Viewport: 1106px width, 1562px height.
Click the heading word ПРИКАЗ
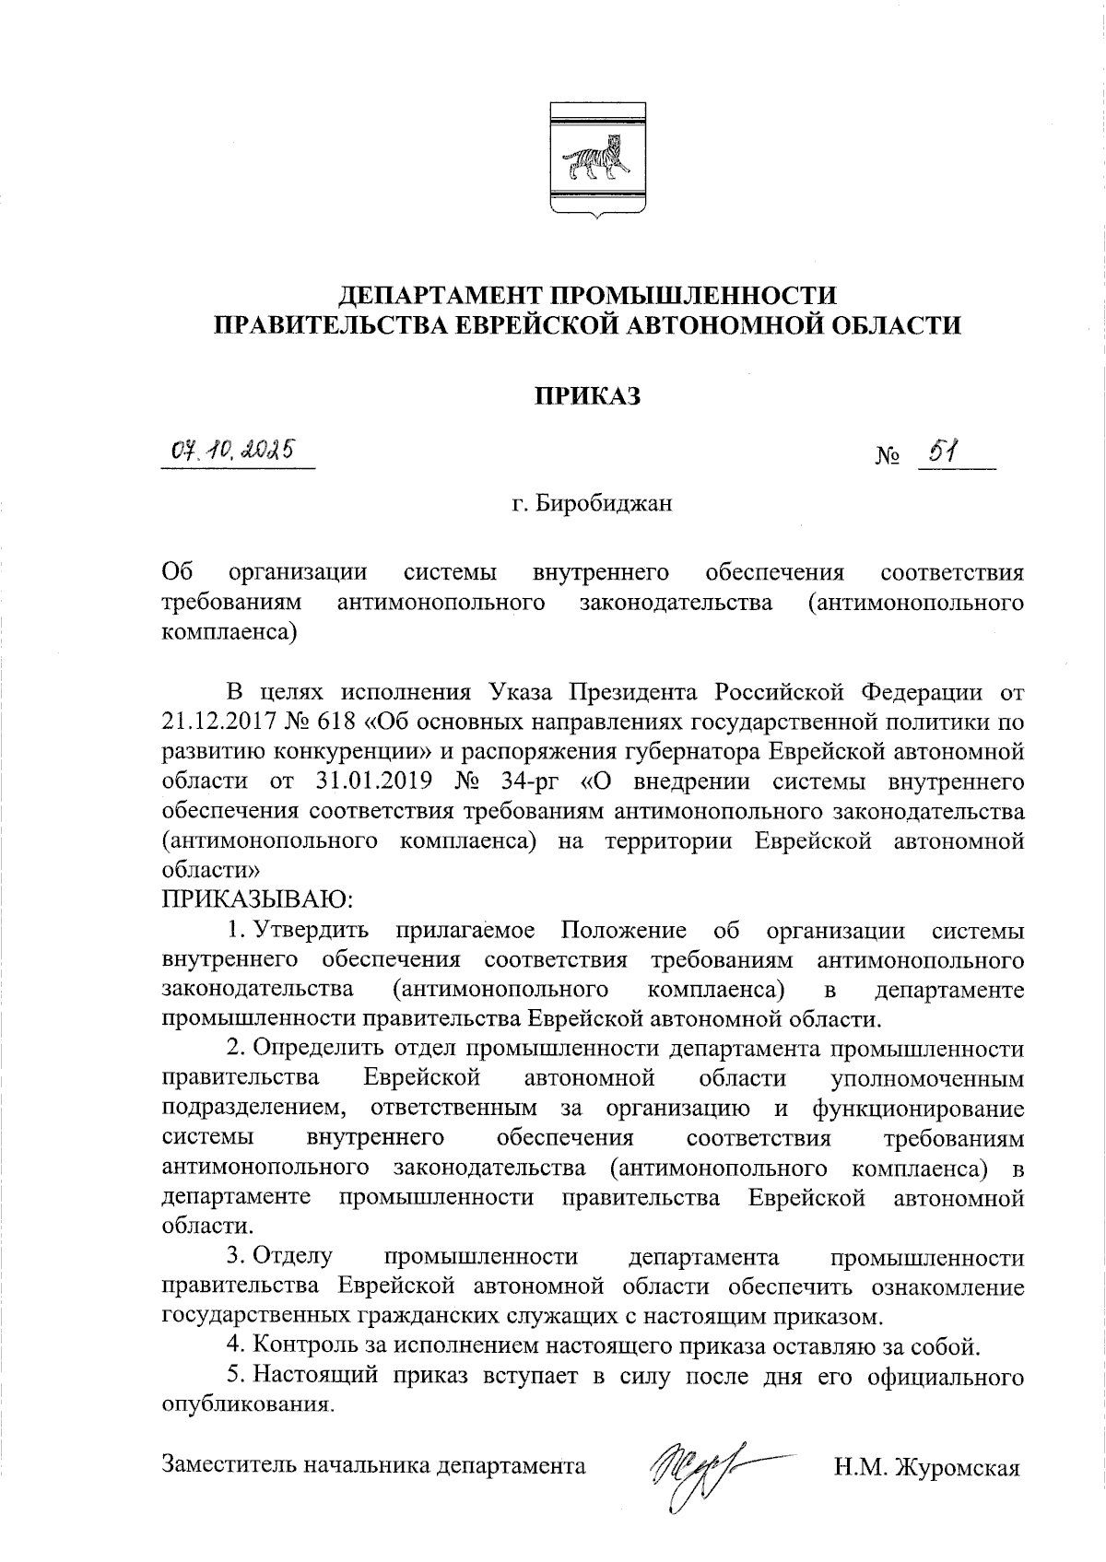click(x=588, y=395)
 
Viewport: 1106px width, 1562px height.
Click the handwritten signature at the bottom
click(x=700, y=1467)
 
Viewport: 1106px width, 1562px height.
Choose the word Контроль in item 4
click(x=303, y=1346)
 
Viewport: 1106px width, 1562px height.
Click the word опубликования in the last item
click(x=246, y=1407)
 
